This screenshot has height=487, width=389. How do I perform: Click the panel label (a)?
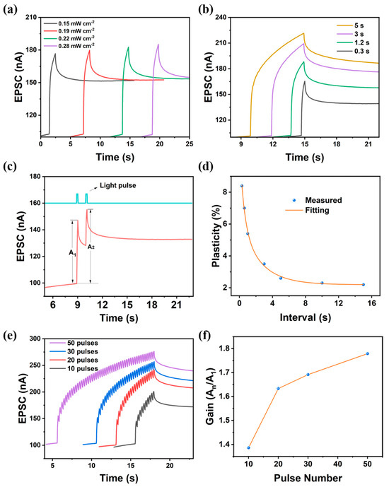(x=11, y=8)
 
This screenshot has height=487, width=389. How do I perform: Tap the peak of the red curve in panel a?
(x=90, y=50)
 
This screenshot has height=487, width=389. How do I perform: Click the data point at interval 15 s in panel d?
(x=363, y=285)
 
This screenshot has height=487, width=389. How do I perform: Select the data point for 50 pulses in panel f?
(x=367, y=353)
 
